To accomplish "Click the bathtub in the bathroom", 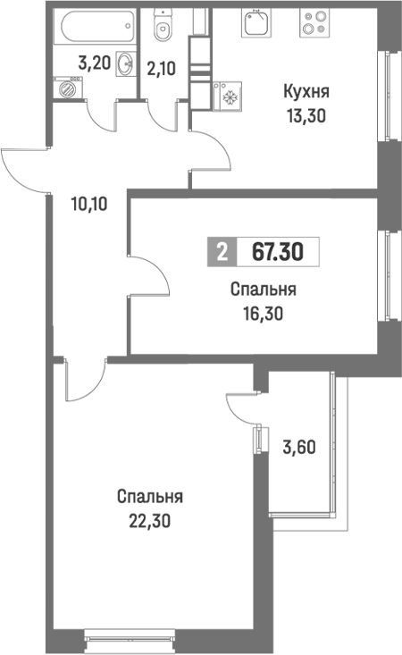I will pos(93,29).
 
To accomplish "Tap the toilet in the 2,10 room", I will pos(163,29).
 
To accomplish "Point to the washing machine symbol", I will pos(65,88).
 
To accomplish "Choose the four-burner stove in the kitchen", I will pos(314,21).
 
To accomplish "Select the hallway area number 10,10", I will pos(89,202).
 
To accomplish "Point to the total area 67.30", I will pos(277,253).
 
